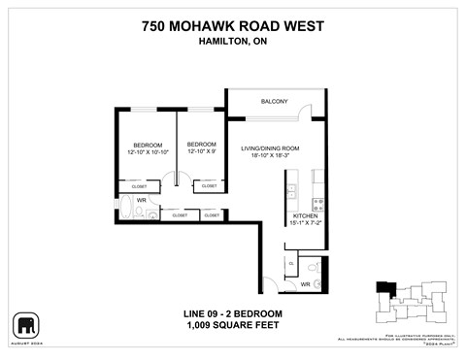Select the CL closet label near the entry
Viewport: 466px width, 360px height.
pyautogui.click(x=291, y=263)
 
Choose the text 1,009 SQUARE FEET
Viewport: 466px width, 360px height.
pyautogui.click(x=232, y=325)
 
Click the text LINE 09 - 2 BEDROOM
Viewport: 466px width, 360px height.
pyautogui.click(x=232, y=313)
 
